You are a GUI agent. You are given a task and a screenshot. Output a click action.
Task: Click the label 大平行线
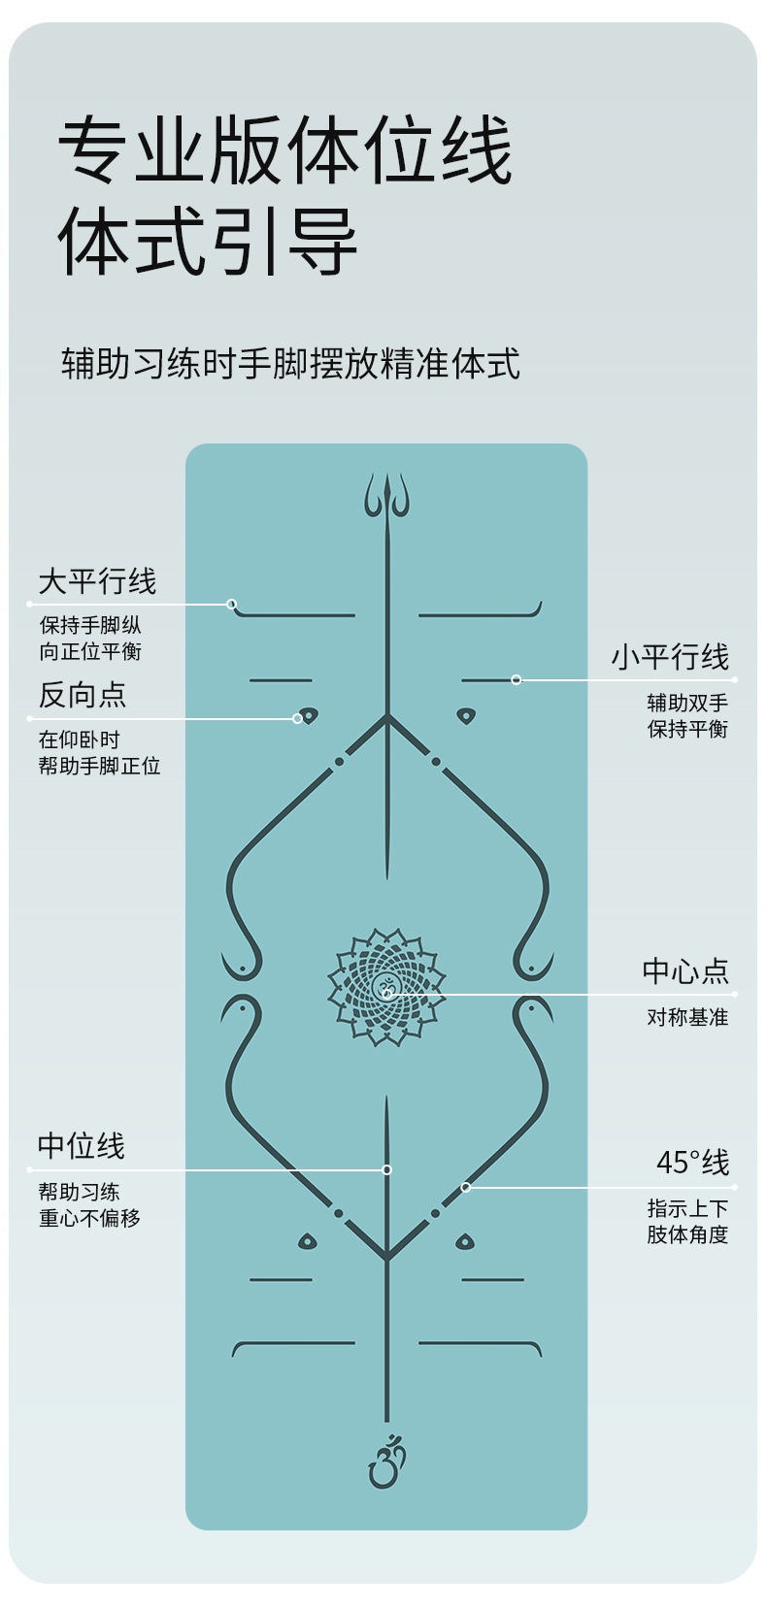click(x=97, y=581)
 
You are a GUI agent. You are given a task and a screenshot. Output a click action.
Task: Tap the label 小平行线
click(x=670, y=657)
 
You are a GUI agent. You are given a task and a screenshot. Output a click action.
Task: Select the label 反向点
click(x=83, y=695)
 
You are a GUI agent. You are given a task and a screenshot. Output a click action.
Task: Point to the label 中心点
click(x=685, y=970)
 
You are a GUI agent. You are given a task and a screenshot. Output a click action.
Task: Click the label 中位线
click(x=82, y=1146)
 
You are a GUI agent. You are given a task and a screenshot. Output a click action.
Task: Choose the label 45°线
click(x=692, y=1162)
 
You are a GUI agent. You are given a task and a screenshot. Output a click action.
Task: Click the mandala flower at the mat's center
click(x=386, y=988)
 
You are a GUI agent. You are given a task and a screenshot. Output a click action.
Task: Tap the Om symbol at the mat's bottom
click(x=386, y=1462)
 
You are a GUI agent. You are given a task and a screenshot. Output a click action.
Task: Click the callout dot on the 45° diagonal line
click(x=466, y=1187)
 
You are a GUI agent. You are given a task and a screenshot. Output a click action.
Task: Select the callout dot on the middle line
click(x=386, y=1169)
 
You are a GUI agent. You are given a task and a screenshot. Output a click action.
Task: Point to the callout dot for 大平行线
click(x=232, y=604)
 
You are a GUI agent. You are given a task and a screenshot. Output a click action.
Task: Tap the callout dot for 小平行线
click(x=517, y=679)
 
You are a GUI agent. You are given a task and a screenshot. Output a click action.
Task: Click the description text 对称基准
click(x=687, y=1017)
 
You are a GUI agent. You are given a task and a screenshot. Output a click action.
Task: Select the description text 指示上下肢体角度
click(x=687, y=1221)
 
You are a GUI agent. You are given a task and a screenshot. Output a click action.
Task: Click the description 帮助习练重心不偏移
click(x=89, y=1204)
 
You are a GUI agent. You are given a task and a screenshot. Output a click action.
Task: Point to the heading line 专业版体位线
click(x=285, y=150)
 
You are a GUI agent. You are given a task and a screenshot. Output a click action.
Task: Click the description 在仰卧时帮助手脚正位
click(x=99, y=752)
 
